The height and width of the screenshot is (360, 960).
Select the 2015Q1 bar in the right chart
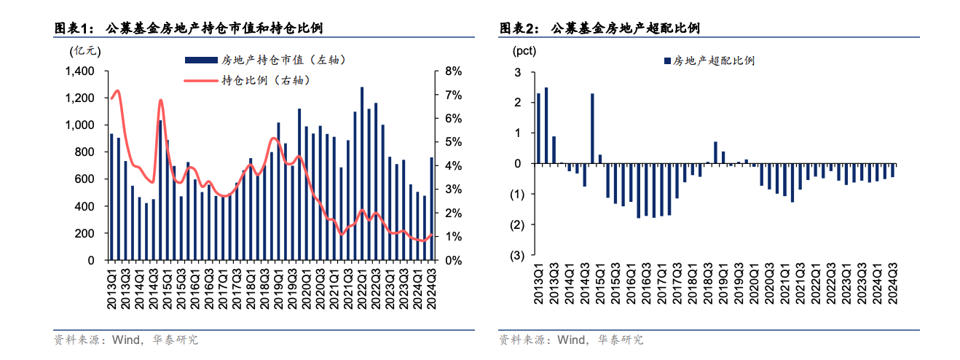[x=592, y=128]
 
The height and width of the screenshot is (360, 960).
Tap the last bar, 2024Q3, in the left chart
[x=431, y=208]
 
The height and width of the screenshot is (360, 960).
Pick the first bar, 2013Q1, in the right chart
[x=538, y=128]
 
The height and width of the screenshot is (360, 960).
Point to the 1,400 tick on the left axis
[x=80, y=71]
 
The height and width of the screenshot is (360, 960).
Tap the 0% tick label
[x=452, y=260]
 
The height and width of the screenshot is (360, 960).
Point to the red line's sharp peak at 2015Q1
[x=160, y=101]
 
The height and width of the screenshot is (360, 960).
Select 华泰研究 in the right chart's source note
[x=621, y=340]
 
